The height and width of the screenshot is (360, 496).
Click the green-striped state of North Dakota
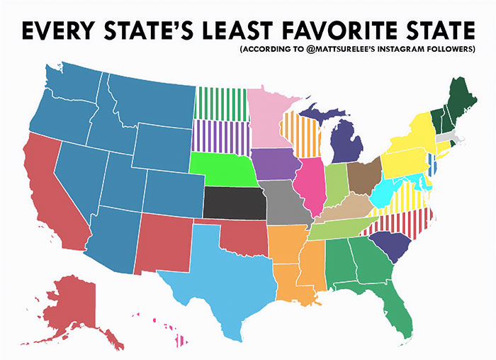pos(221,103)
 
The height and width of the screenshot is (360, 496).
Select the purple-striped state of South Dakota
pos(221,136)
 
